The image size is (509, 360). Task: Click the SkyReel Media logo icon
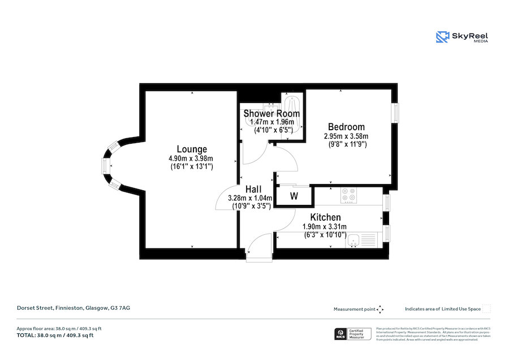(442, 37)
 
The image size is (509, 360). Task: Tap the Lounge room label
(191, 149)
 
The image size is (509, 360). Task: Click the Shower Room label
(271, 114)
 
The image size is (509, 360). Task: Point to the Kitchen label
(325, 217)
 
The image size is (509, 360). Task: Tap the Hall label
(252, 189)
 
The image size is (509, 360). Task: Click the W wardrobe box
(294, 196)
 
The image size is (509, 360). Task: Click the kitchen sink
(353, 241)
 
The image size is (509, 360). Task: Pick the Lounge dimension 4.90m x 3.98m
(191, 158)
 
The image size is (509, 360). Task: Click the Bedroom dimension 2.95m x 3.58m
(346, 136)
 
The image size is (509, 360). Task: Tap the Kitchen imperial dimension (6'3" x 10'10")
(325, 234)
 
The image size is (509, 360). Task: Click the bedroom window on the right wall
(395, 112)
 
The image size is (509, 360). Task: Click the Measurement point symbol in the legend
(380, 309)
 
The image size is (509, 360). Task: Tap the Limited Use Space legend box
(486, 309)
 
